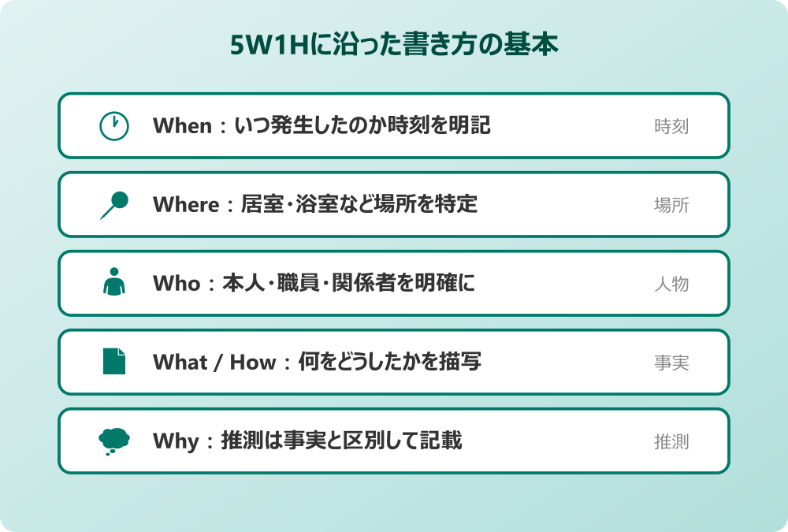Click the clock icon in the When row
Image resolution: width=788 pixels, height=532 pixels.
(114, 126)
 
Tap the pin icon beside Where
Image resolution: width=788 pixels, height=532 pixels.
(115, 205)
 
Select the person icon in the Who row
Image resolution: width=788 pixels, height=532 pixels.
(114, 283)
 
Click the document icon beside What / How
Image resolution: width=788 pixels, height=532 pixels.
(114, 362)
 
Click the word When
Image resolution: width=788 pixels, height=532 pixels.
(182, 126)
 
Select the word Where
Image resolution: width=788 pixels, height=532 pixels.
(185, 205)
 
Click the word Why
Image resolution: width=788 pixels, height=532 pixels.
(176, 441)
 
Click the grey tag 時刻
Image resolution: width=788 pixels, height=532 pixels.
(671, 126)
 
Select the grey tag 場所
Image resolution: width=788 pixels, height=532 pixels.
(671, 205)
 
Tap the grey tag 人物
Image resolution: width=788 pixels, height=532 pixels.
(671, 284)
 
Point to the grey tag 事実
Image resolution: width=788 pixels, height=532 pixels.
(671, 363)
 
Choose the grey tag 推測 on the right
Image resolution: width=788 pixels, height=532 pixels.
(671, 441)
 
